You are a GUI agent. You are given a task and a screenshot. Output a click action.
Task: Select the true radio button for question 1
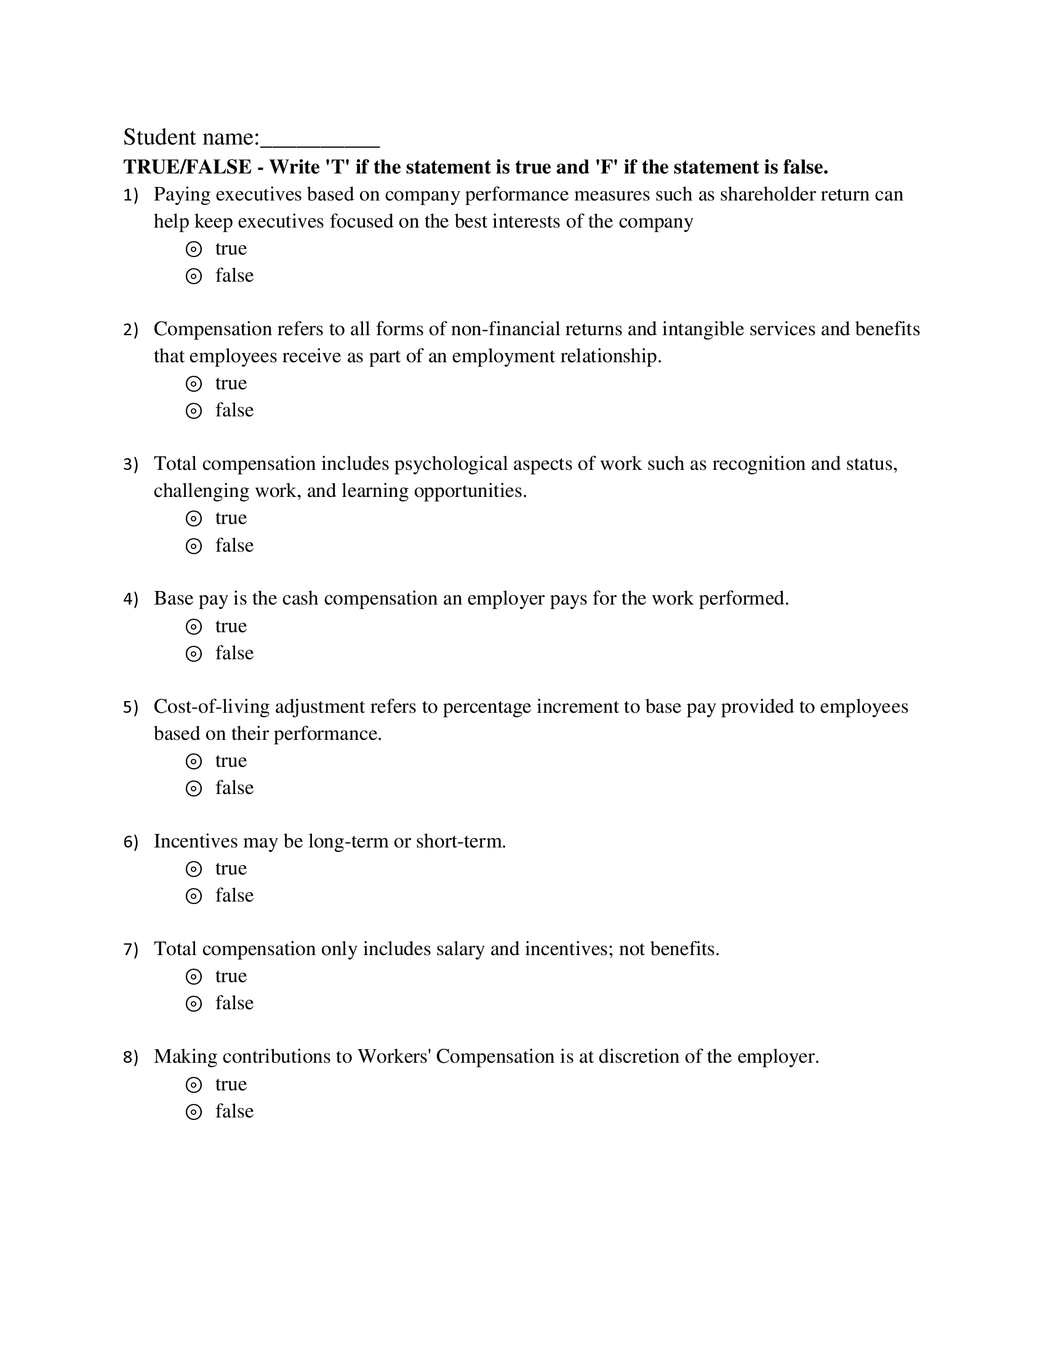tap(194, 250)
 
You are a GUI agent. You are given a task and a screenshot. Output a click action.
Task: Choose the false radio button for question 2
tap(194, 411)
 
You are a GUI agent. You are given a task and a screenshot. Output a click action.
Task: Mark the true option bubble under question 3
tap(194, 518)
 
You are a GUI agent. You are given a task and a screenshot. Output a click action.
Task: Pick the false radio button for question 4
tap(194, 654)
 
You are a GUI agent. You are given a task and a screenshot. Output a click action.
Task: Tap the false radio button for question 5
tap(194, 788)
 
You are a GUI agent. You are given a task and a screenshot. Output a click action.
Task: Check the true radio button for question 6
tap(194, 869)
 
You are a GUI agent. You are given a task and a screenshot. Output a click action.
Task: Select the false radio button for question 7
tap(194, 1004)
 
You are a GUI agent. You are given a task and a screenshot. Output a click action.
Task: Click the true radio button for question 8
tap(194, 1085)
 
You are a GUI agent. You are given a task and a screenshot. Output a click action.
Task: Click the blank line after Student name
tap(320, 139)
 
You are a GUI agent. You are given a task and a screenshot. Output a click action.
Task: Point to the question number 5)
tap(130, 707)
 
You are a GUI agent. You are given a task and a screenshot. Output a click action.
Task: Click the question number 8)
tap(130, 1058)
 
